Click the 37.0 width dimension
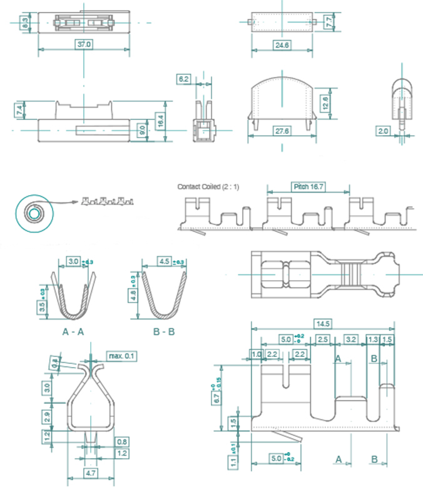[84, 44]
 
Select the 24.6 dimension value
[282, 45]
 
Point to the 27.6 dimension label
[282, 131]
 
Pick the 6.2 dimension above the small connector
[184, 79]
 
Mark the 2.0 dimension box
[382, 131]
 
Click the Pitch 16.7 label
[307, 187]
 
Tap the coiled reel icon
[32, 213]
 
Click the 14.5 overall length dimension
[324, 324]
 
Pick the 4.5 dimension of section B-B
[165, 261]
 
